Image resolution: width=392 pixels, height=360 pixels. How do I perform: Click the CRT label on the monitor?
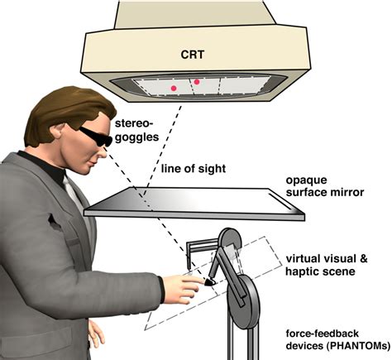pos(193,55)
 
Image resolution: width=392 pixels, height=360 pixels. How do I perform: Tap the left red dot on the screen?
pos(174,89)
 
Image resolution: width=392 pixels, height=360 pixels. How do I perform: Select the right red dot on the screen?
pos(197,82)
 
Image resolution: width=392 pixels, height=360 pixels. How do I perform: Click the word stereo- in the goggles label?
pos(134,123)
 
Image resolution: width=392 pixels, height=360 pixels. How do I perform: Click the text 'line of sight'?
pos(194,168)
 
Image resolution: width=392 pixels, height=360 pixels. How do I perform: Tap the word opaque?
pos(303,180)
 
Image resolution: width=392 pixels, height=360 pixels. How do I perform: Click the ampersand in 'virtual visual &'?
pos(363,259)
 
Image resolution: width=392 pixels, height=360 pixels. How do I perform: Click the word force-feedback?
pos(323,334)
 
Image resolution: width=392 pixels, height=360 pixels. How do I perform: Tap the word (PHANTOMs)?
pos(358,346)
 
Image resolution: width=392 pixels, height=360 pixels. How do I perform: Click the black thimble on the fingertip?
pos(210,281)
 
